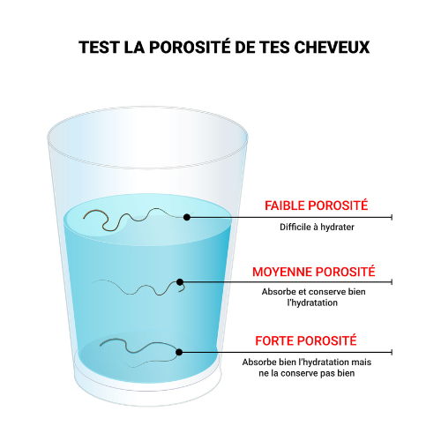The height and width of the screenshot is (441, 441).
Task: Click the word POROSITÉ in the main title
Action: coord(190,47)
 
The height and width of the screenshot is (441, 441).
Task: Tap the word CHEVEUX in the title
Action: coord(332,47)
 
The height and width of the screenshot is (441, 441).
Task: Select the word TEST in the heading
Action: coord(99,47)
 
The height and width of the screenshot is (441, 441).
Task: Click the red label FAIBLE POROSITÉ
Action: coord(316,206)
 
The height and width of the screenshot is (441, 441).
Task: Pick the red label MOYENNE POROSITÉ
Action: coord(314,272)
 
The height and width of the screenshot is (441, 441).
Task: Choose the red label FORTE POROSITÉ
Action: coord(306,340)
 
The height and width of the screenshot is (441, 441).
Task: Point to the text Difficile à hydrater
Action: coord(317,227)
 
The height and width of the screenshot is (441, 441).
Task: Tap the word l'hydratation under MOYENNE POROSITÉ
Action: coord(312,303)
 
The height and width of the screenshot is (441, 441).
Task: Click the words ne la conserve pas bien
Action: coord(307,373)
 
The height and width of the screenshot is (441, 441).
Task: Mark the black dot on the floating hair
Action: coord(187,217)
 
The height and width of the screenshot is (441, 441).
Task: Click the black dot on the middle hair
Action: coord(180,282)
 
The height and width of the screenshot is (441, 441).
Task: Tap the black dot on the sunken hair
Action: coord(179,352)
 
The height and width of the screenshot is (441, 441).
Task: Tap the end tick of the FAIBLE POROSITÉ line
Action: coord(392,217)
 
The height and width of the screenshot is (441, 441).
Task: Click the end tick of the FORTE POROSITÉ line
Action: coord(392,352)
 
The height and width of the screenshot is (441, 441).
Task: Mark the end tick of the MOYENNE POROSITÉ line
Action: coord(392,282)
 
